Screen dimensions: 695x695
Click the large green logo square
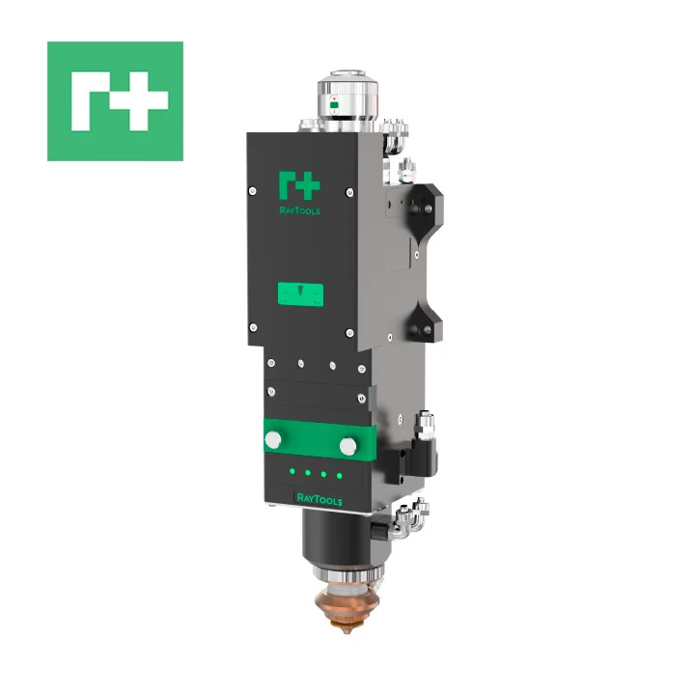115,101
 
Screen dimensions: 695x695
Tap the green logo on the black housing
299,185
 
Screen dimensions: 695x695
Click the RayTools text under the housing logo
299,210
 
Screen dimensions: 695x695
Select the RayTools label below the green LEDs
320,500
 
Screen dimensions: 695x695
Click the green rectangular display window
300,293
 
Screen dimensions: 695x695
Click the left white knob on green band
273,440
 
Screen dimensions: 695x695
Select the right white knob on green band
348,446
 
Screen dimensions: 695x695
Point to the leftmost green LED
292,471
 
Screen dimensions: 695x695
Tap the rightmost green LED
339,476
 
